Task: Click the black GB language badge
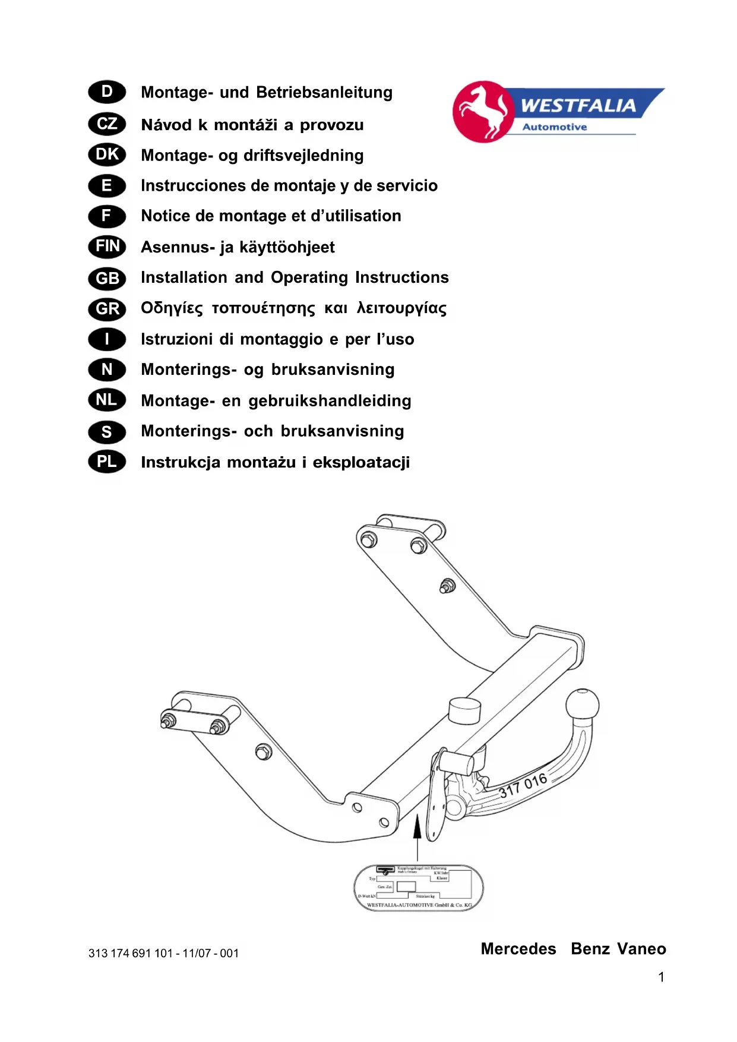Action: (107, 278)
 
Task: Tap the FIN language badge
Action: (107, 247)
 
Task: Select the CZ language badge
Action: (107, 124)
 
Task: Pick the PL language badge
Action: (107, 462)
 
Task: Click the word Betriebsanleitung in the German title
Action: (324, 93)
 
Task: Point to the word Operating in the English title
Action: (309, 277)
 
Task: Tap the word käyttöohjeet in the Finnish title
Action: (287, 247)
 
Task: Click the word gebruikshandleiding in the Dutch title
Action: (330, 401)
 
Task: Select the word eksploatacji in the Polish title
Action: (361, 462)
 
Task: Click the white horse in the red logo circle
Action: (482, 111)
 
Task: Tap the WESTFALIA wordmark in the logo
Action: (578, 106)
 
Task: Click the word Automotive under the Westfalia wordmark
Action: (554, 127)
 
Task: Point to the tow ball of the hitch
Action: (582, 705)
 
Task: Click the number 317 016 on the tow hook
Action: (523, 785)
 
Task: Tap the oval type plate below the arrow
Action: (418, 888)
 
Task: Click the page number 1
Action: (661, 977)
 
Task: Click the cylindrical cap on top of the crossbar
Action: (464, 710)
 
